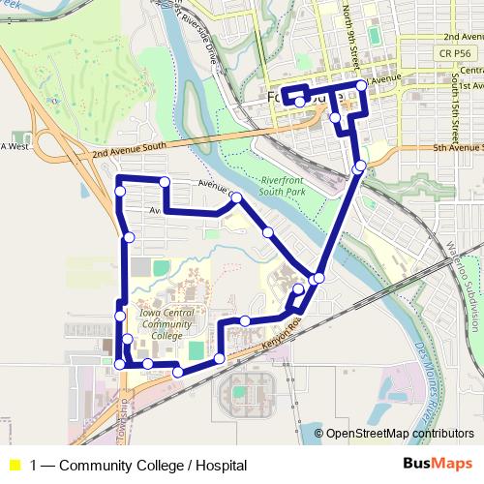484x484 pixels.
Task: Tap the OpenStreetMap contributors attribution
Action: (x=401, y=433)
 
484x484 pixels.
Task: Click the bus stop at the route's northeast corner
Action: (x=362, y=86)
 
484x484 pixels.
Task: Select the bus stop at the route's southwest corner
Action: (x=119, y=364)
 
